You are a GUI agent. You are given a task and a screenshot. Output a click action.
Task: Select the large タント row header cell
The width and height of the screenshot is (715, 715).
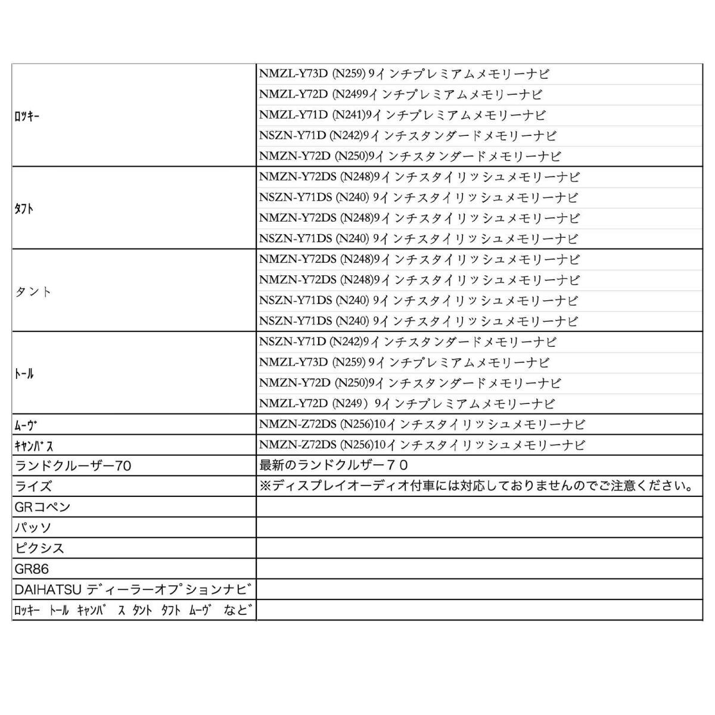click(33, 291)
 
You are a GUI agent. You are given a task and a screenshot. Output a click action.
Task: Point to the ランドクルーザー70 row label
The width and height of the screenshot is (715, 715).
click(73, 465)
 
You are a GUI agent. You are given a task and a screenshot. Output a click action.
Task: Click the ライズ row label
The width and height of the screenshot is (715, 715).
click(33, 486)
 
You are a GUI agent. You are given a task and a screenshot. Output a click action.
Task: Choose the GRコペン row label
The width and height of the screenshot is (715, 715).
click(43, 507)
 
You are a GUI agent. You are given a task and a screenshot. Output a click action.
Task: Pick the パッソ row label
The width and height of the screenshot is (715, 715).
click(33, 528)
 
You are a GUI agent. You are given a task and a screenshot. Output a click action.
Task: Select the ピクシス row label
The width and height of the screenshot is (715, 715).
click(39, 548)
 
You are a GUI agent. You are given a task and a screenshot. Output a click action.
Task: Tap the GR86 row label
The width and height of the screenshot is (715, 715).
click(32, 569)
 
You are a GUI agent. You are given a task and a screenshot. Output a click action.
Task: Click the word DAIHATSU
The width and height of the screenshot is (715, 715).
click(48, 590)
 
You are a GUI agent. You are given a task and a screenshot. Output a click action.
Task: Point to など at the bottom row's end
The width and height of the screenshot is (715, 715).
click(237, 610)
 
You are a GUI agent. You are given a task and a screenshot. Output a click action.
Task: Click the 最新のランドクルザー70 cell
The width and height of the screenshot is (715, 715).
click(334, 465)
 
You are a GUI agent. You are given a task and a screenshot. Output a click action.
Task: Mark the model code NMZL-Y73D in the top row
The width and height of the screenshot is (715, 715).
click(294, 74)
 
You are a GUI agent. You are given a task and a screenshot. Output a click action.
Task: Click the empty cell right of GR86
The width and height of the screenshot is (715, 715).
click(479, 569)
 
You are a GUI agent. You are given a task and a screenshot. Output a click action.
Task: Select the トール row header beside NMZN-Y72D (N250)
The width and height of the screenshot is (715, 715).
click(24, 374)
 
